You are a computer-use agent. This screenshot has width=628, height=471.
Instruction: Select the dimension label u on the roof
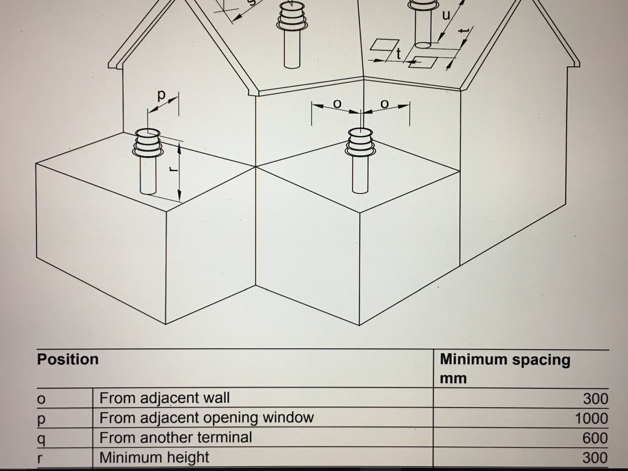pos(446,15)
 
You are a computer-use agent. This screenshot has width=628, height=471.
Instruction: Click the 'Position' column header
pos(68,360)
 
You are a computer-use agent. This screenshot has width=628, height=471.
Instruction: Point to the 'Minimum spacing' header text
pos(505,360)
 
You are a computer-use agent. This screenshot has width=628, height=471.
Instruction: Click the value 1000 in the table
pos(591,419)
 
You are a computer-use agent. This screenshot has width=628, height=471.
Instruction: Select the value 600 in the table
pos(595,438)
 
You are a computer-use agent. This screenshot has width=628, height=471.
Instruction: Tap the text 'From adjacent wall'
pos(164,398)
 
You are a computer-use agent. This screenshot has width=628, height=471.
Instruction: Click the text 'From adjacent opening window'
pos(206,418)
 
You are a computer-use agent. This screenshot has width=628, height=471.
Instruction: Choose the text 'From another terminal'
pos(176,437)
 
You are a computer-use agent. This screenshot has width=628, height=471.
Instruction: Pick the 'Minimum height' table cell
pos(154,457)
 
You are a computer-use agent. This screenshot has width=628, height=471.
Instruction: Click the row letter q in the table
pos(41,440)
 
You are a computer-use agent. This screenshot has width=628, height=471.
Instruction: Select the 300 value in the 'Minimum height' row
pos(595,458)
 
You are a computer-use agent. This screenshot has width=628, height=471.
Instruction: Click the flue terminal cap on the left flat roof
pos(147,143)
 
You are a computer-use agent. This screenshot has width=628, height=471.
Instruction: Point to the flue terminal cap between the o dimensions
pos(360,142)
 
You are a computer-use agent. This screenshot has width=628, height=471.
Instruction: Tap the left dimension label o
pos(338,104)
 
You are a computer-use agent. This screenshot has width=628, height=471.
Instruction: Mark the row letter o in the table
pos(41,400)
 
